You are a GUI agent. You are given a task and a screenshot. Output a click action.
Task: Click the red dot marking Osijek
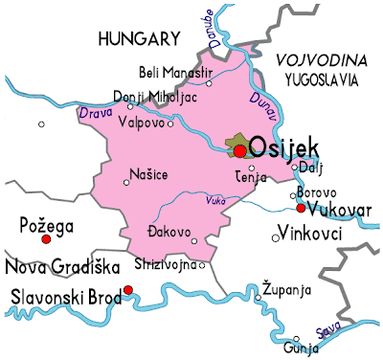pos(239,150)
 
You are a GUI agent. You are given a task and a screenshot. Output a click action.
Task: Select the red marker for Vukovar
pos(301,209)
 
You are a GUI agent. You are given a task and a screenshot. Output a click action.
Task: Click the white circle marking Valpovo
pos(171,124)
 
